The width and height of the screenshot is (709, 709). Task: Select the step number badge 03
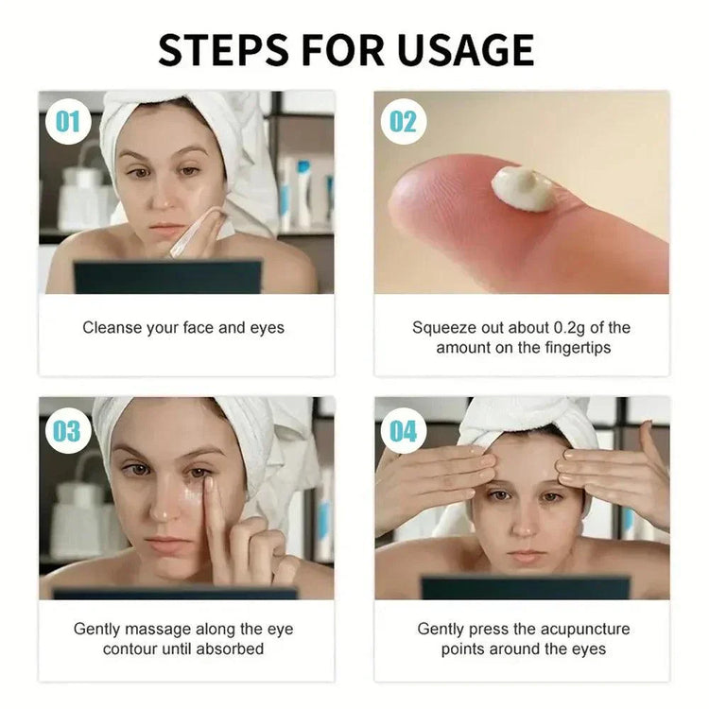(66, 430)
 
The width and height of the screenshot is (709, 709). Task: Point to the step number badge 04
(403, 430)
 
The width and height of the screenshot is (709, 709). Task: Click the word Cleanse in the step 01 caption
(112, 328)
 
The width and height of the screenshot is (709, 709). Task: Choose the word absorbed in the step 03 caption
(233, 649)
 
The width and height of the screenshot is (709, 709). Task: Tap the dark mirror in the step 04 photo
(524, 587)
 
